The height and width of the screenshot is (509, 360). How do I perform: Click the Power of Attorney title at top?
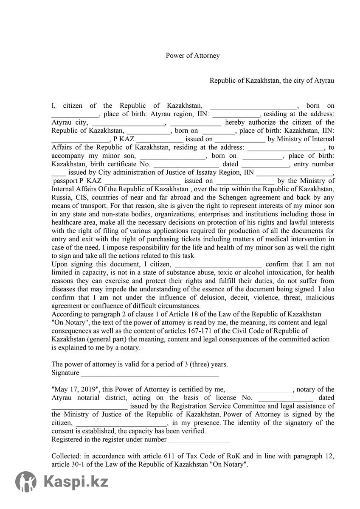point(193,56)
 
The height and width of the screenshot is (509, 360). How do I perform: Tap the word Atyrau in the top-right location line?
point(324,81)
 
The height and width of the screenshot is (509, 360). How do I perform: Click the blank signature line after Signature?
point(150,373)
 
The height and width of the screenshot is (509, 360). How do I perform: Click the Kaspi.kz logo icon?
point(26,481)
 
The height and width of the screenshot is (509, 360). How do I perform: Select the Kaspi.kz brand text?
point(76,482)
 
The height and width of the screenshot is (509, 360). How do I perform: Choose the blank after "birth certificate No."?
point(186,165)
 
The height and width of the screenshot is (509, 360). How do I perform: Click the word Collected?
point(66,456)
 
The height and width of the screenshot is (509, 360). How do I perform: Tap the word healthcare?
point(67,222)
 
